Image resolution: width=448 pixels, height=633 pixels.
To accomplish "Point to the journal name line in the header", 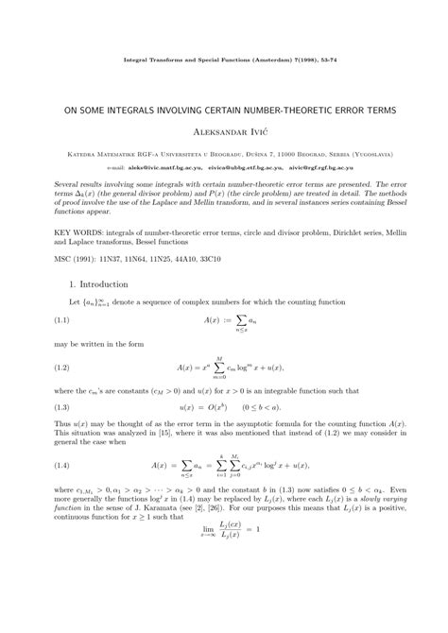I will (224, 58).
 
